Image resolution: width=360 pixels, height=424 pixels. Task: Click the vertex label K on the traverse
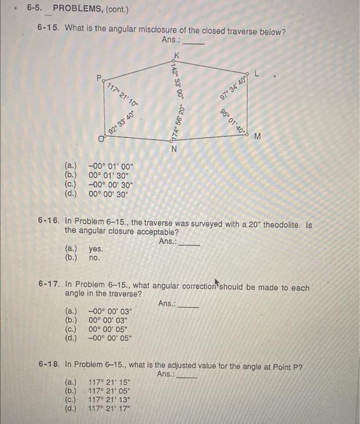click(x=176, y=53)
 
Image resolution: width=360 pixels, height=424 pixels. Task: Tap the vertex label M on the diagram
click(x=258, y=136)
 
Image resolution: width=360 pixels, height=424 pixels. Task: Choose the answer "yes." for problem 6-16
click(x=96, y=249)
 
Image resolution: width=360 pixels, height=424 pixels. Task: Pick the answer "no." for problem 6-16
click(x=94, y=257)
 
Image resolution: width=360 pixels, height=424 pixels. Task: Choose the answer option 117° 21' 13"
click(x=112, y=400)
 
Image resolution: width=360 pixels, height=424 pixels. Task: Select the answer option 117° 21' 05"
click(x=112, y=391)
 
